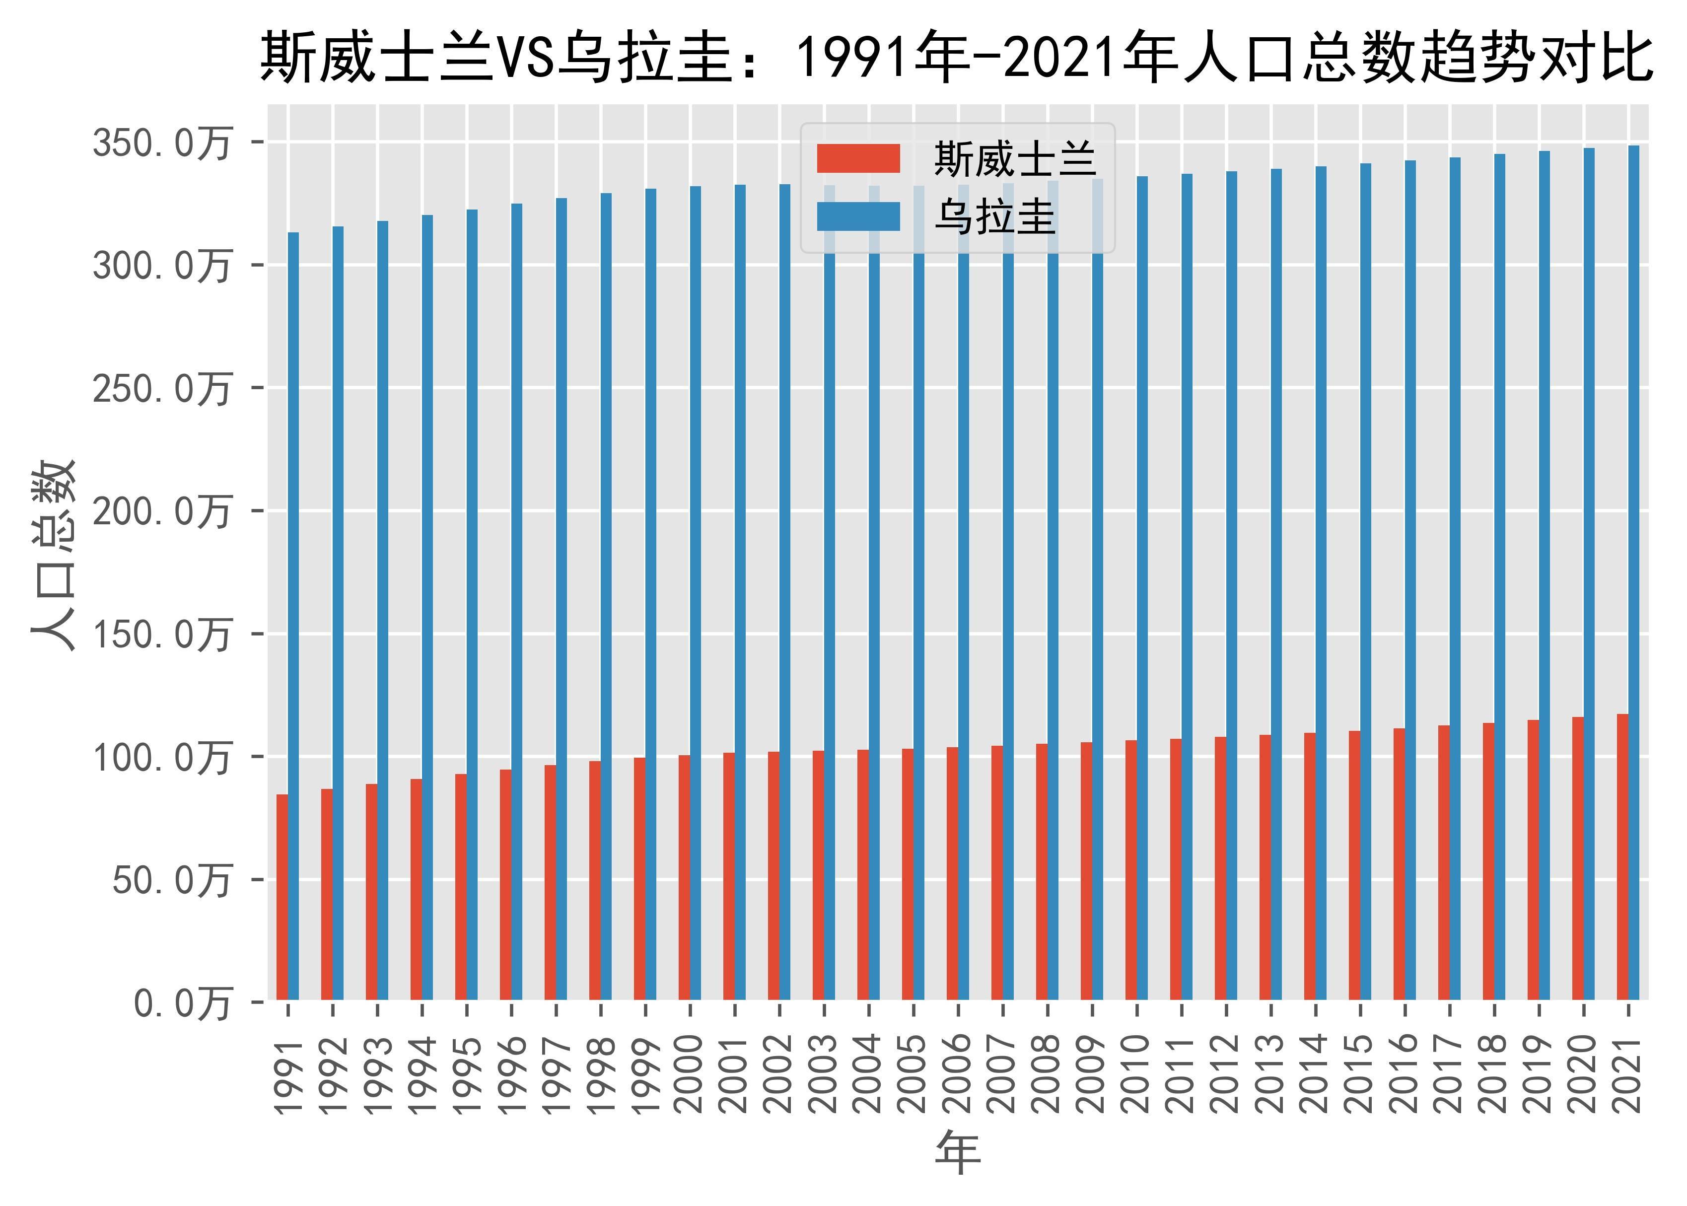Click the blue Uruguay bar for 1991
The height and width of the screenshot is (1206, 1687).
(293, 616)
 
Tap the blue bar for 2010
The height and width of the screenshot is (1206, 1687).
(1142, 587)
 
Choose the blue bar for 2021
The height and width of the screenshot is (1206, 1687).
(1633, 572)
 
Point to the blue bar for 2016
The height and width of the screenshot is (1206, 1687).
(1410, 579)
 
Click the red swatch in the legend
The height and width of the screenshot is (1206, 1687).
(858, 158)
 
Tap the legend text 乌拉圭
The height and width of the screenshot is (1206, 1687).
(995, 217)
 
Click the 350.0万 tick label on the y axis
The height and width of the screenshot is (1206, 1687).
(162, 142)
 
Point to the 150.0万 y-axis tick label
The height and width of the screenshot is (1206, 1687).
(162, 635)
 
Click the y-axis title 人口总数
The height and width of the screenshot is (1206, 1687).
(54, 556)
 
